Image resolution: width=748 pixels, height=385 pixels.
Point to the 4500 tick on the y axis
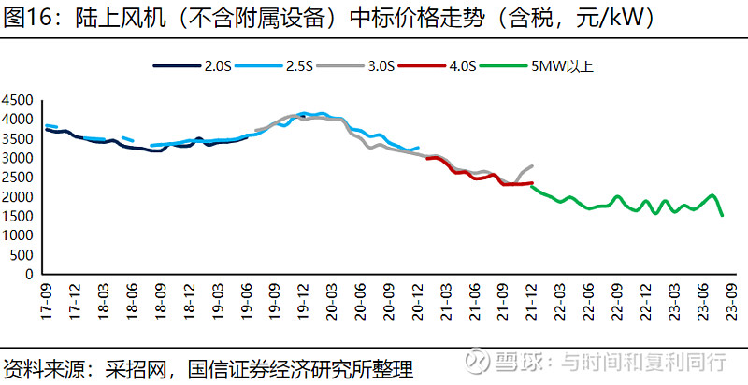pyautogui.click(x=19, y=100)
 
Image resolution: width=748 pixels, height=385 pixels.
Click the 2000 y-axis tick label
pyautogui.click(x=19, y=197)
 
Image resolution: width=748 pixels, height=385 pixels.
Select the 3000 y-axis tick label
pyautogui.click(x=19, y=159)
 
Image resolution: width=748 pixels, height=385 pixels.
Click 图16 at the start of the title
pyautogui.click(x=25, y=18)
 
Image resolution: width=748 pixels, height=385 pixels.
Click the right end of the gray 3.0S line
pyautogui.click(x=532, y=165)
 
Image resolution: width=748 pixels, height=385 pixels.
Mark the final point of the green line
pyautogui.click(x=722, y=216)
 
